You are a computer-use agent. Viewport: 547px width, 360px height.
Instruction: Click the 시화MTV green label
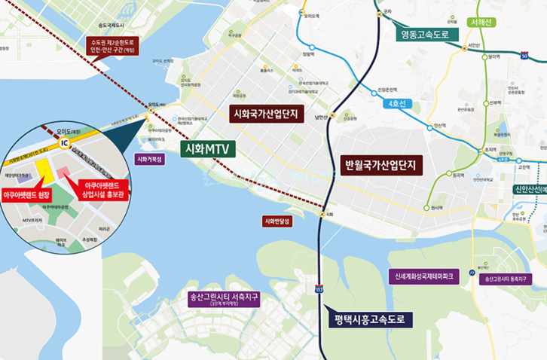click(x=209, y=149)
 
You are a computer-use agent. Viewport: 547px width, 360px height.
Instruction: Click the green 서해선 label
click(x=480, y=22)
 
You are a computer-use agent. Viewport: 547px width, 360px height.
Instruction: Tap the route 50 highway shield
click(x=524, y=56)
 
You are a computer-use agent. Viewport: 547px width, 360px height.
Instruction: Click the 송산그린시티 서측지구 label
click(x=224, y=297)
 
